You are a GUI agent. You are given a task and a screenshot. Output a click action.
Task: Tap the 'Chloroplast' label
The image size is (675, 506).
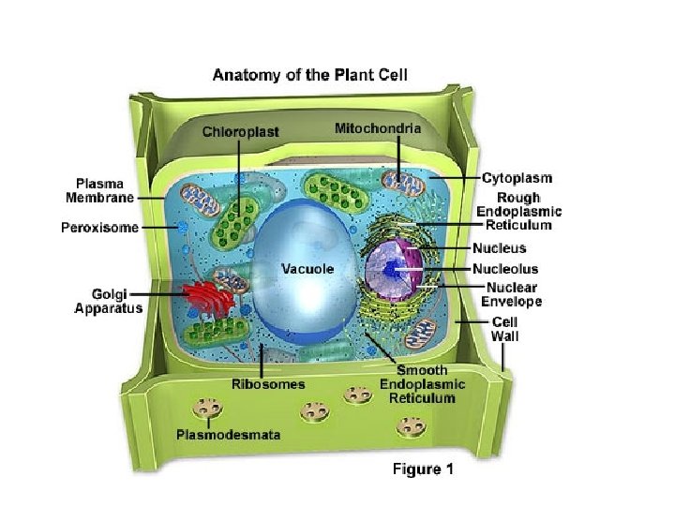coord(241,132)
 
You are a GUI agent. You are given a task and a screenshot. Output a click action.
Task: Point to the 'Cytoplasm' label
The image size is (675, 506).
coord(517,177)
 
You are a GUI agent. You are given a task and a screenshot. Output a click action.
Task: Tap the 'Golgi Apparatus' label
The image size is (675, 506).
coord(109,300)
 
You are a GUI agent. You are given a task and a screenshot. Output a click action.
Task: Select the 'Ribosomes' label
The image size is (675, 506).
coord(268,384)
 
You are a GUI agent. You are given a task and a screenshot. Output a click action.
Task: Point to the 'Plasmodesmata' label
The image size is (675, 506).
coord(229,434)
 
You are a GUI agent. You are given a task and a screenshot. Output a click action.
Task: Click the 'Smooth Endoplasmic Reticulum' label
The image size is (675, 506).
coord(417,384)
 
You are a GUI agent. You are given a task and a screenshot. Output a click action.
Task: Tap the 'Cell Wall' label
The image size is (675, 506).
coord(504,328)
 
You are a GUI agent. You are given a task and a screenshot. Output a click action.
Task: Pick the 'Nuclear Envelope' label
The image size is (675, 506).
coord(511,294)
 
